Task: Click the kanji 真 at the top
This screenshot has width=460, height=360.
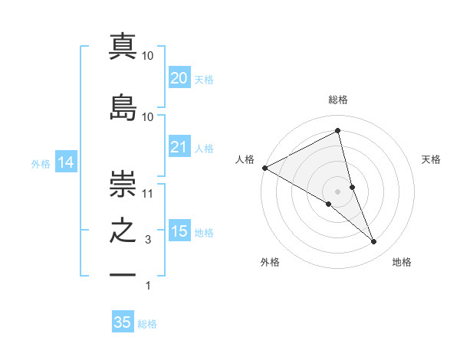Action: click(x=123, y=45)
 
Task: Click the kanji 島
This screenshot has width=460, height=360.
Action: click(x=123, y=107)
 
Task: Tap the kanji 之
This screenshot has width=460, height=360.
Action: click(x=123, y=231)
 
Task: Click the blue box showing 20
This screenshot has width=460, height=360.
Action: click(x=179, y=78)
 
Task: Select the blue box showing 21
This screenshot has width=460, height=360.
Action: click(x=179, y=147)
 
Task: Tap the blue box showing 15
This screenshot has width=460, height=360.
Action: click(x=179, y=231)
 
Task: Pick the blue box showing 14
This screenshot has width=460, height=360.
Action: click(x=65, y=162)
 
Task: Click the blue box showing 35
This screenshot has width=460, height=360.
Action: click(x=123, y=322)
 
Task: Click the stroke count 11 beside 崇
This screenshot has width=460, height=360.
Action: click(x=148, y=194)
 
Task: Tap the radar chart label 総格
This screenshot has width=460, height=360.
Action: click(x=338, y=100)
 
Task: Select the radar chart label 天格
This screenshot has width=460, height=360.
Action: click(x=432, y=159)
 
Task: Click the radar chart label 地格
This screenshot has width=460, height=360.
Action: click(x=402, y=262)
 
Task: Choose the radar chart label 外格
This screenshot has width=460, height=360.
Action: click(x=270, y=262)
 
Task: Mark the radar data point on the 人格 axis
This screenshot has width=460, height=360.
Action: click(x=264, y=167)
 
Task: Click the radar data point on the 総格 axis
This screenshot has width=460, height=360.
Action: click(x=338, y=130)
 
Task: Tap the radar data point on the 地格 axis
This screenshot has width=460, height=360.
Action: click(x=374, y=241)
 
